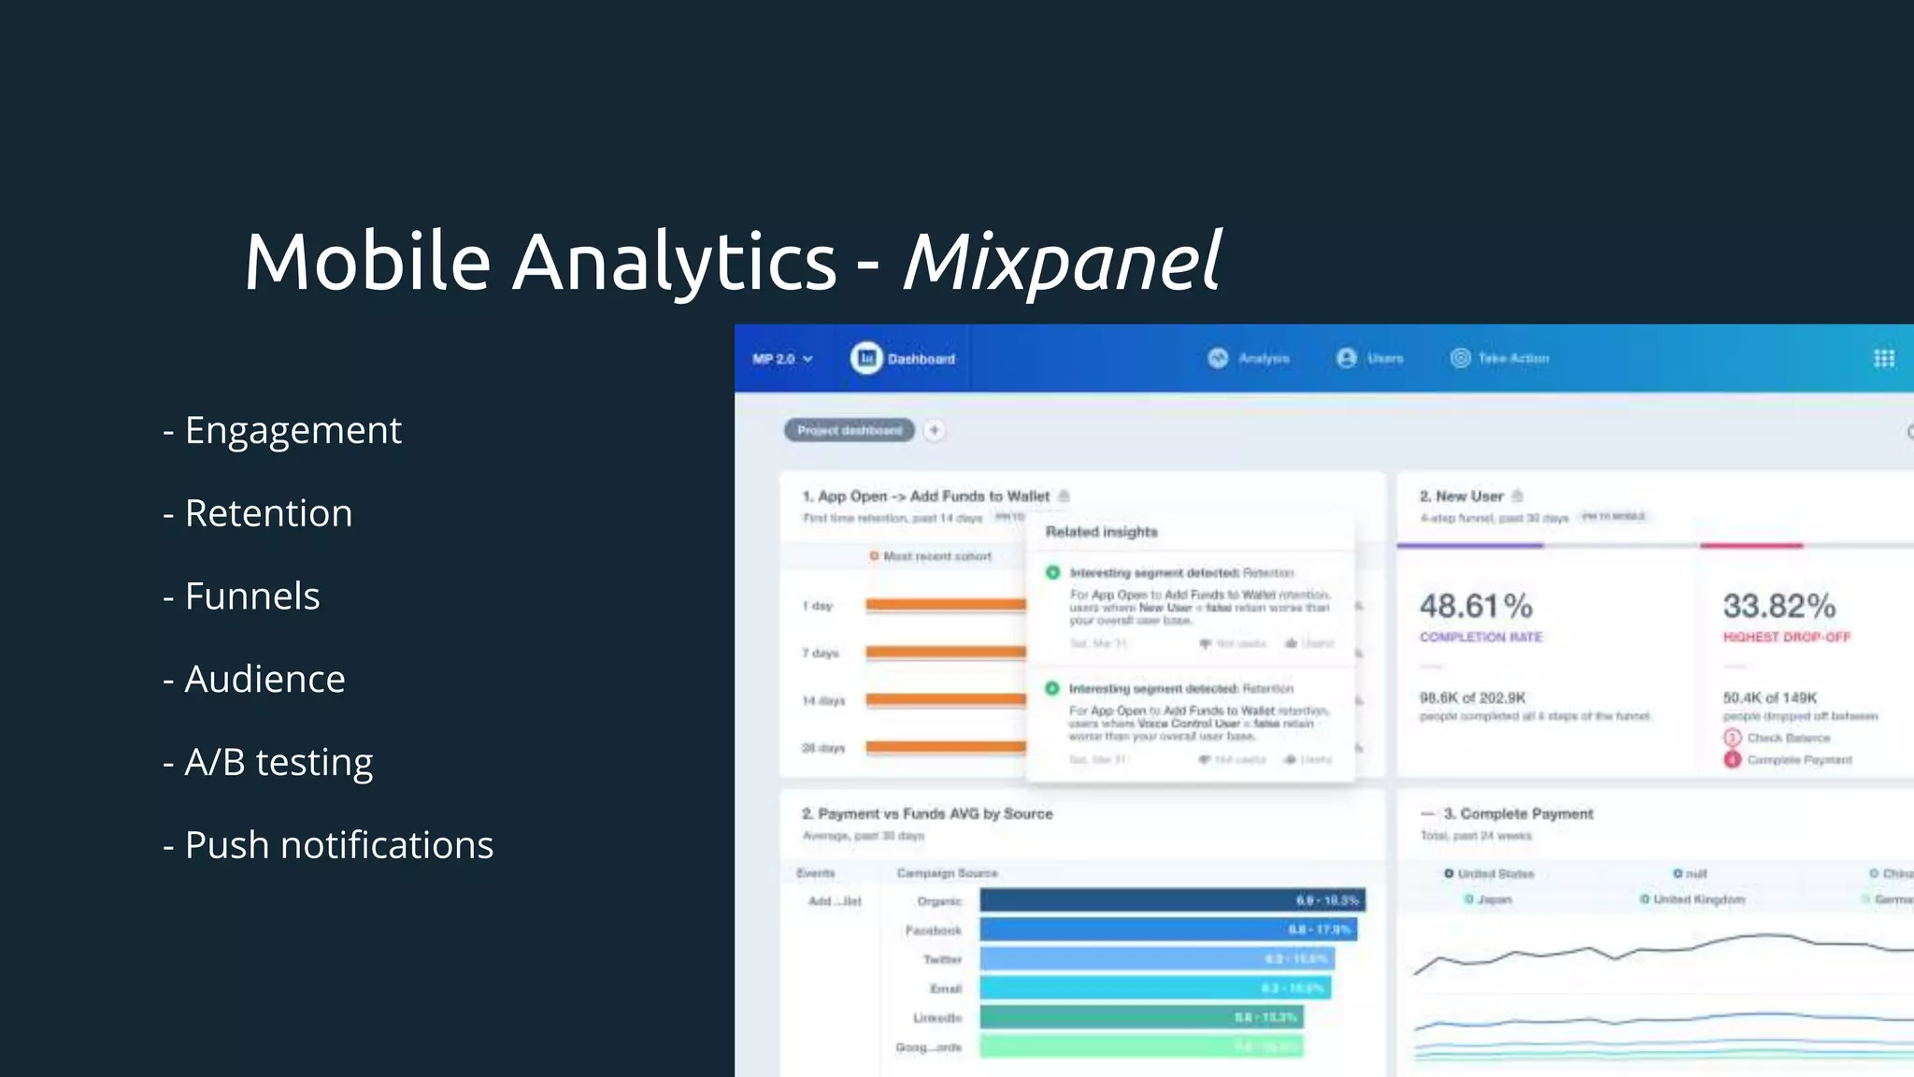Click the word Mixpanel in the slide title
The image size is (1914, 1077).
[1062, 262]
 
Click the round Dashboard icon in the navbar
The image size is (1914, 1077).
[866, 358]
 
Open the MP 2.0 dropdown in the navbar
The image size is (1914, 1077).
[782, 359]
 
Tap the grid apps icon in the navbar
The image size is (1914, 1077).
[1884, 358]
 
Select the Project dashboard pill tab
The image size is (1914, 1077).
[849, 430]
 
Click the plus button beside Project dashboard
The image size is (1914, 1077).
[934, 430]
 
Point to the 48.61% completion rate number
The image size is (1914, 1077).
[1476, 606]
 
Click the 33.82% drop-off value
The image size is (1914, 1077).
[1778, 606]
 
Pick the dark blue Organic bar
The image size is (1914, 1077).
[1172, 899]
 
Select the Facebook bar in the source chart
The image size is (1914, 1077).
[1167, 929]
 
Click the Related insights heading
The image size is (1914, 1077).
[1101, 532]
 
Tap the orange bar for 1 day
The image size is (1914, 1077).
[945, 605]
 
